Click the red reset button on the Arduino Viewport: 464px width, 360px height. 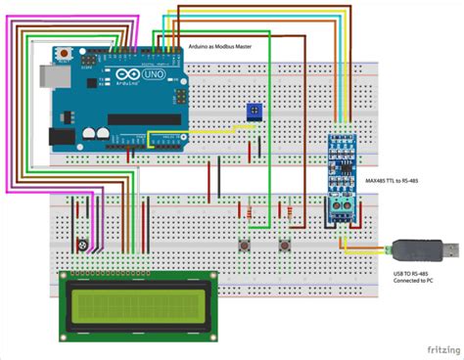point(66,52)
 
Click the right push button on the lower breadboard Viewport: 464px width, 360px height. point(286,243)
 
